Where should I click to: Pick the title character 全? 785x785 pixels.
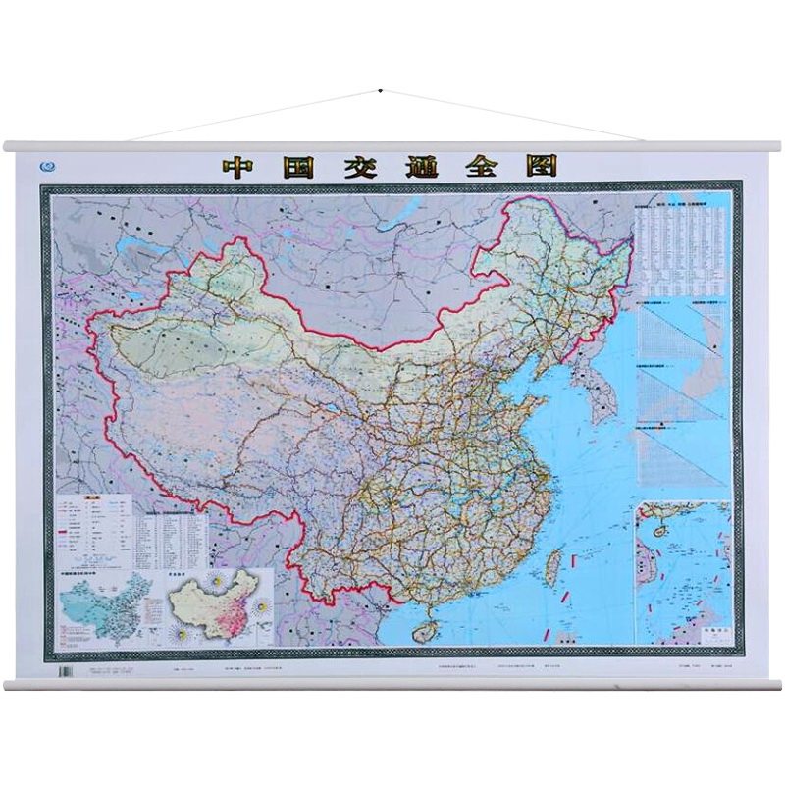pos(485,166)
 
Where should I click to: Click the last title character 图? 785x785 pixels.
pos(545,166)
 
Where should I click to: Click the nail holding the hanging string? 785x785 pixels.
pos(380,91)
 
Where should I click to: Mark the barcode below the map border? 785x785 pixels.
pos(68,673)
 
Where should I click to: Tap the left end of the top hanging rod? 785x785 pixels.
pos(10,146)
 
